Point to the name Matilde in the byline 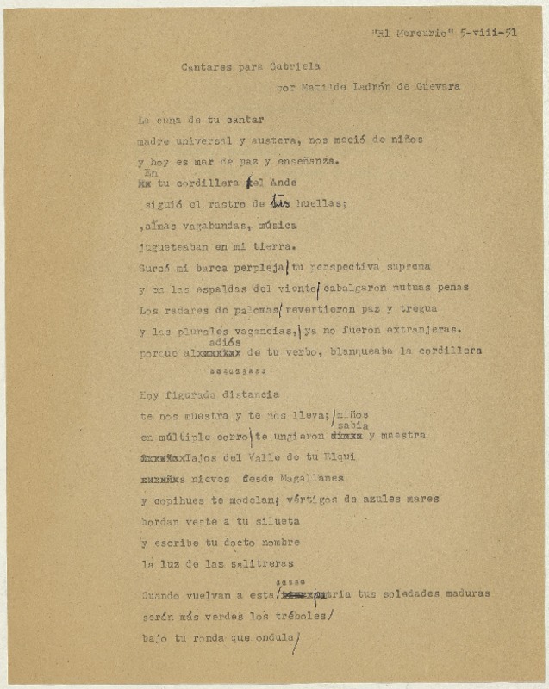pos(323,86)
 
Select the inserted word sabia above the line pos(352,425)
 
